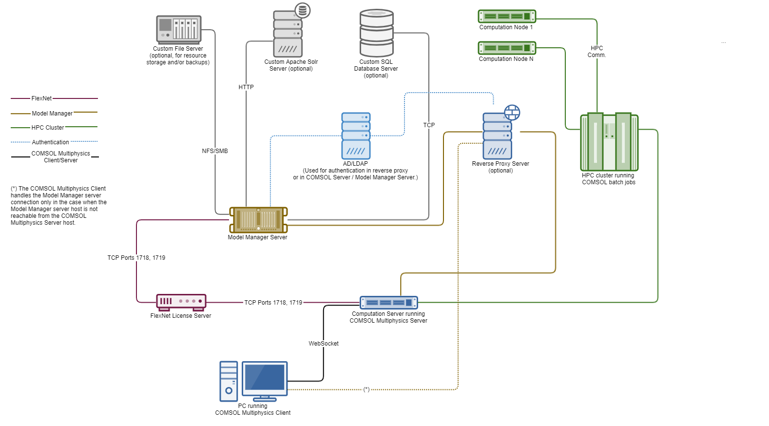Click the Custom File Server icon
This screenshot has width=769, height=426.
click(x=178, y=30)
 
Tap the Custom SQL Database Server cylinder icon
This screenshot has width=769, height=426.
click(x=377, y=33)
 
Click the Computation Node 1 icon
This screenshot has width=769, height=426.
click(x=507, y=17)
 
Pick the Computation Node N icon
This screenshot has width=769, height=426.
click(x=507, y=48)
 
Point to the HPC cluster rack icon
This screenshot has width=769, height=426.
click(x=609, y=142)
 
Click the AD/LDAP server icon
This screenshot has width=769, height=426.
click(x=356, y=136)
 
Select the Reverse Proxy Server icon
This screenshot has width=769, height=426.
click(x=497, y=136)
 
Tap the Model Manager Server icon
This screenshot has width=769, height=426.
click(x=258, y=220)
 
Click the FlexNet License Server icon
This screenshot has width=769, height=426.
click(x=181, y=302)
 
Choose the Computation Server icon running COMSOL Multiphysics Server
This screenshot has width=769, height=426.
click(x=388, y=303)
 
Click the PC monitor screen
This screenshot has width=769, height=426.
click(x=265, y=378)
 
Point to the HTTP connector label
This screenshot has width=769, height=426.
click(x=246, y=87)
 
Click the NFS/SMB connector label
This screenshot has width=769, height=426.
click(x=215, y=151)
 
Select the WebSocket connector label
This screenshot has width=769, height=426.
click(x=324, y=344)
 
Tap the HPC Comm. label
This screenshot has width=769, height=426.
click(x=596, y=52)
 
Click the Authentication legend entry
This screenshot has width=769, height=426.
click(x=51, y=142)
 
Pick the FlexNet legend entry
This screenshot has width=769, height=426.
click(x=41, y=98)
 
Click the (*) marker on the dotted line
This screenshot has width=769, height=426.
click(x=366, y=389)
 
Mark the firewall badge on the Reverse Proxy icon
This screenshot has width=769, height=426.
click(x=512, y=113)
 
